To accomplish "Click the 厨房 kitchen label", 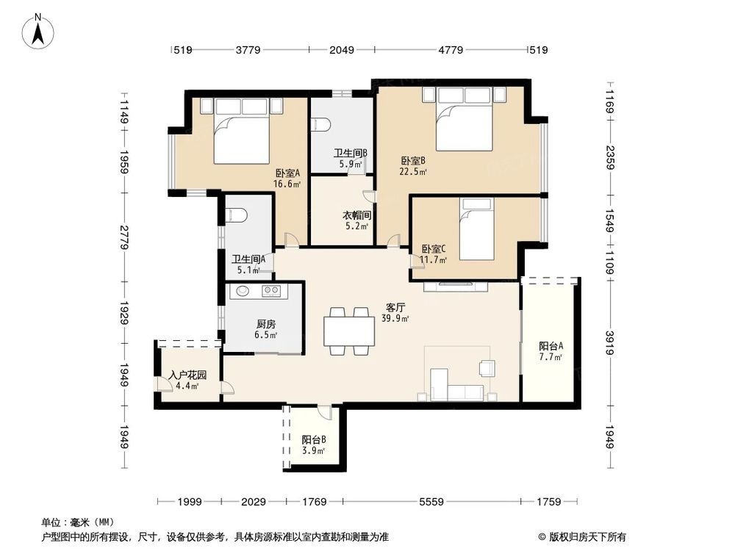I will point(266,323).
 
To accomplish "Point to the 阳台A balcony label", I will point(551,346).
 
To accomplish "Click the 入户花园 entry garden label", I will point(187,375).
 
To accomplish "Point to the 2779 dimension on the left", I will point(125,238).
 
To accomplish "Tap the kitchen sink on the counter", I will point(243,291).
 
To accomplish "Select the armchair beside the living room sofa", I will point(487,367).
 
